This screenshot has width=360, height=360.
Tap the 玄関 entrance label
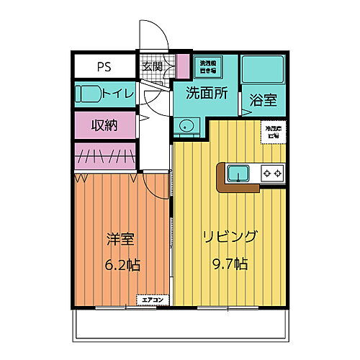tap(153, 66)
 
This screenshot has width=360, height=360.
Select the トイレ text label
tap(117, 93)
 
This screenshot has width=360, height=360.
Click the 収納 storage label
tap(105, 124)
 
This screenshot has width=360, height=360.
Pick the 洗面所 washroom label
tap(207, 93)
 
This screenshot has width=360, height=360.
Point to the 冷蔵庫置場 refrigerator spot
tap(272, 132)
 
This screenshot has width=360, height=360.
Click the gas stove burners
tap(271, 173)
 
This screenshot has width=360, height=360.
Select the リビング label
tap(230, 237)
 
